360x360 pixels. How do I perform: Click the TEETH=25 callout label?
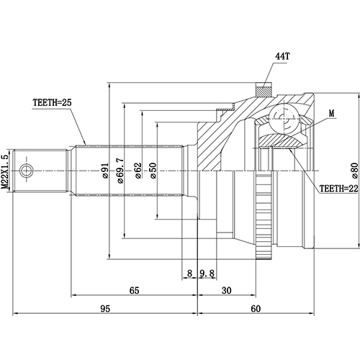pos(52,103)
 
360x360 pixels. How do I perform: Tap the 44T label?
pos(282,56)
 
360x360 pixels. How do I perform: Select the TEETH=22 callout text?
pos(338,189)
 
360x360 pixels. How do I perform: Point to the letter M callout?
pos(331,114)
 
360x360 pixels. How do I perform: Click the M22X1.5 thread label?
pos(5,172)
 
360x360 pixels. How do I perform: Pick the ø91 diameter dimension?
pos(105,171)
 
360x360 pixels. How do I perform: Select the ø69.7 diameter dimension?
pos(120,171)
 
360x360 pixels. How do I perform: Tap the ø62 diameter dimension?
pos(138,171)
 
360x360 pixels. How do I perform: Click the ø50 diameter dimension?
pos(153,171)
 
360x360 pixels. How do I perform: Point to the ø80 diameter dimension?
pos(355,171)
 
